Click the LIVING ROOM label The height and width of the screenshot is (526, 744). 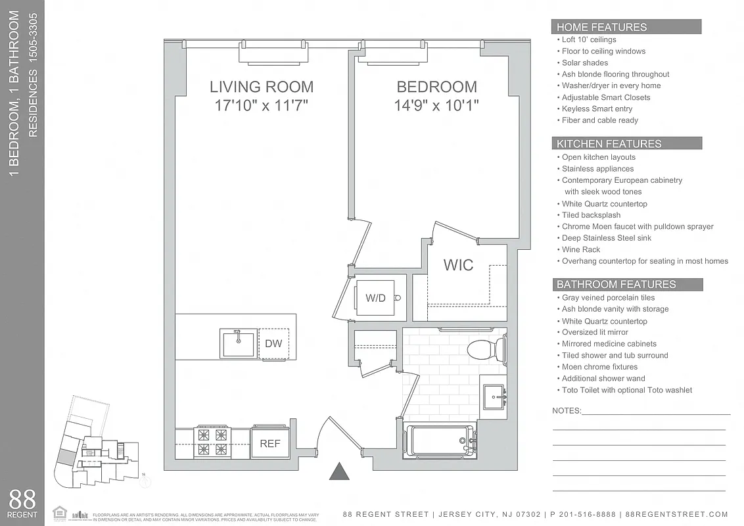pyautogui.click(x=261, y=87)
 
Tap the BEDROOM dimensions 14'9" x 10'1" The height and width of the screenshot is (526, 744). pyautogui.click(x=436, y=105)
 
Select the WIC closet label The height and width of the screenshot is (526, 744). pyautogui.click(x=458, y=265)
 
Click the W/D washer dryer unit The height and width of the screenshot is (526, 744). pyautogui.click(x=377, y=298)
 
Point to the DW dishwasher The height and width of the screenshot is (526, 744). pyautogui.click(x=273, y=344)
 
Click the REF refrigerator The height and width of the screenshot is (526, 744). pyautogui.click(x=269, y=444)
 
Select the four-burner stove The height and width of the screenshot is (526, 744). pyautogui.click(x=212, y=442)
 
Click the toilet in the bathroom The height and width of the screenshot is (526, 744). pyautogui.click(x=486, y=348)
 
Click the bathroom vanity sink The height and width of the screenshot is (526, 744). pyautogui.click(x=493, y=396)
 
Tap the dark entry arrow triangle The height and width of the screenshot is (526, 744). pyautogui.click(x=338, y=471)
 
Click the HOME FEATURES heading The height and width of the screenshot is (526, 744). pyautogui.click(x=601, y=27)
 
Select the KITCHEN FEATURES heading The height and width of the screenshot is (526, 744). pyautogui.click(x=609, y=143)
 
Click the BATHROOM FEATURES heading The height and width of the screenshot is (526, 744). pyautogui.click(x=616, y=285)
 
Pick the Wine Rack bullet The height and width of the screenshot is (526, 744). pyautogui.click(x=581, y=250)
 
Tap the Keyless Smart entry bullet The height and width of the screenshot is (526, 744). pyautogui.click(x=597, y=109)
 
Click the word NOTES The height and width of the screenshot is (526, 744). pyautogui.click(x=567, y=411)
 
